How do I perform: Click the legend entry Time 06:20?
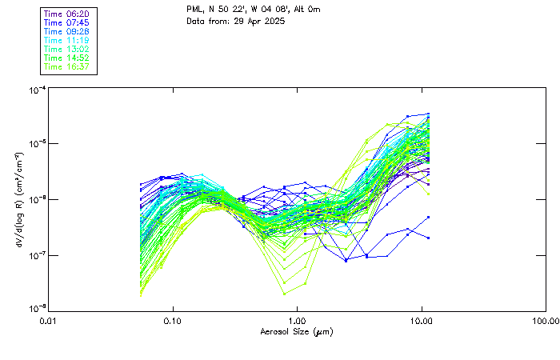(x=66, y=14)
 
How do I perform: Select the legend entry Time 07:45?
(x=66, y=23)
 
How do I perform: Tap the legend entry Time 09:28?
(x=66, y=32)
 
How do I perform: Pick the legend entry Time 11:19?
(x=66, y=41)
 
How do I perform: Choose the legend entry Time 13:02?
(x=66, y=50)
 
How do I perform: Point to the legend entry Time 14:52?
(x=66, y=58)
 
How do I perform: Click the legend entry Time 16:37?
(x=66, y=67)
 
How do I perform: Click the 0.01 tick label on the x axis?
(x=49, y=322)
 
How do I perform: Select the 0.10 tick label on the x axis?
(x=173, y=322)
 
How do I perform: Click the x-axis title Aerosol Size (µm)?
(x=297, y=332)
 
